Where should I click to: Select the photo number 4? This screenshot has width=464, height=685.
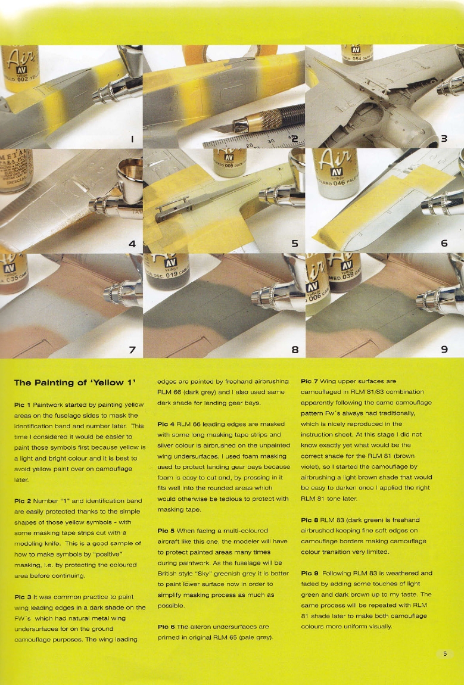coord(132,243)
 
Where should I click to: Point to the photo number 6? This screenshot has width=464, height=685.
coord(444,243)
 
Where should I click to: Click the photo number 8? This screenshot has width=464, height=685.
coord(294,348)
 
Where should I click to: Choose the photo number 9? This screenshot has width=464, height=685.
coord(444,348)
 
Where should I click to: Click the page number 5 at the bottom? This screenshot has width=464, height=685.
coord(444,654)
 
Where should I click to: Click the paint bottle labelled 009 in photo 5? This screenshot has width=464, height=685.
coord(229,164)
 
